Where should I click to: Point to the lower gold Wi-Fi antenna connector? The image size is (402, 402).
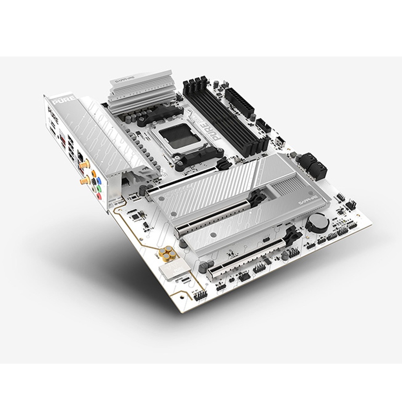pos(84,181)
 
